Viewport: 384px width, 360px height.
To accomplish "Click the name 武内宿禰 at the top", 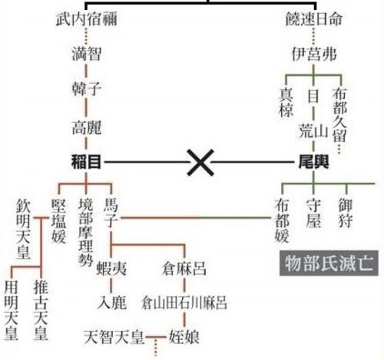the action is coord(87,19).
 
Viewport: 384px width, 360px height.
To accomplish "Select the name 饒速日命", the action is coord(314,19).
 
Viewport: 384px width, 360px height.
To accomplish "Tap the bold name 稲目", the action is coord(86,162).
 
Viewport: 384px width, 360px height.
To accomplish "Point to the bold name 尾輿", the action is coord(314,162).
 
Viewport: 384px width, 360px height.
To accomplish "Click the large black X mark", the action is coord(200,163).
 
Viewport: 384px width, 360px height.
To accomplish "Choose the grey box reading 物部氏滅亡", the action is coord(329,263).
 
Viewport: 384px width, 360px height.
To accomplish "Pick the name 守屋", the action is coord(313,213).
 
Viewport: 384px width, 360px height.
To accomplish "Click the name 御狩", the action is coord(346,213).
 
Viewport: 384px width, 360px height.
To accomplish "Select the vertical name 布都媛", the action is coord(282,220).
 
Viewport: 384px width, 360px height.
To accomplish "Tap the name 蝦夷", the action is coord(111,269).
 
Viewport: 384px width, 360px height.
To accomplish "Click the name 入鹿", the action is coord(112,302).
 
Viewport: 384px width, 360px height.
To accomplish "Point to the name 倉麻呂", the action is coord(184,269).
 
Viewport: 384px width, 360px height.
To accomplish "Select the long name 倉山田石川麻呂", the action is coord(184,302).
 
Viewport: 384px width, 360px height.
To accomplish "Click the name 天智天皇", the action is coord(114,337).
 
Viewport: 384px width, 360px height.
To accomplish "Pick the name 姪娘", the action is coord(184,337).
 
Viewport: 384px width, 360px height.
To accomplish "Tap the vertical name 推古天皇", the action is coord(41,310).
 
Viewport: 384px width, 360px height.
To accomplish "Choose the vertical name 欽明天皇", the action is coord(23,230).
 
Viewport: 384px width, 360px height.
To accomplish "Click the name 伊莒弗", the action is coord(314,54).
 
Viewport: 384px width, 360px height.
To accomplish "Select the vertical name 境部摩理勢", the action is coord(85,233).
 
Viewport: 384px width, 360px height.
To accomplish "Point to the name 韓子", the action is coord(86,89).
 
